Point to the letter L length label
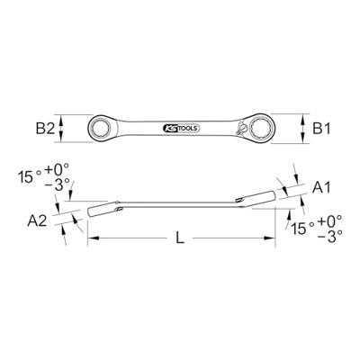(x=181, y=240)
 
